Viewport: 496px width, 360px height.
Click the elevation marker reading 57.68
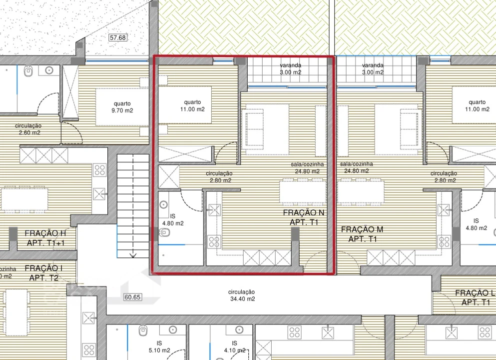tap(118, 37)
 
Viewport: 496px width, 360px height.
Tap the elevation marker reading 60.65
tap(132, 297)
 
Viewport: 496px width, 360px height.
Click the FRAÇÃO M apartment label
tap(362, 234)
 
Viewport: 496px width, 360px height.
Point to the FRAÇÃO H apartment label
tap(45, 238)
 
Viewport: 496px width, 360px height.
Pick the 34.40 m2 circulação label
tap(241, 295)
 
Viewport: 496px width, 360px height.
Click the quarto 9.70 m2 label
tap(123, 107)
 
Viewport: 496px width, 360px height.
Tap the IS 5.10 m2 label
tap(159, 346)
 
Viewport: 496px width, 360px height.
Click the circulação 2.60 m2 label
tap(28, 129)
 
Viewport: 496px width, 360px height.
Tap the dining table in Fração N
tap(302, 191)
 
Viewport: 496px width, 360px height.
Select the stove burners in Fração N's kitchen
tap(214, 242)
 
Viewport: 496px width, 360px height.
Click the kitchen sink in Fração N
tap(215, 209)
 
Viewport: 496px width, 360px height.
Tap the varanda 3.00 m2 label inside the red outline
tap(290, 68)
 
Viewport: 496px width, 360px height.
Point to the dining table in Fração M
tap(361, 191)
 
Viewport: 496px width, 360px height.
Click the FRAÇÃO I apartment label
tap(44, 272)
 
